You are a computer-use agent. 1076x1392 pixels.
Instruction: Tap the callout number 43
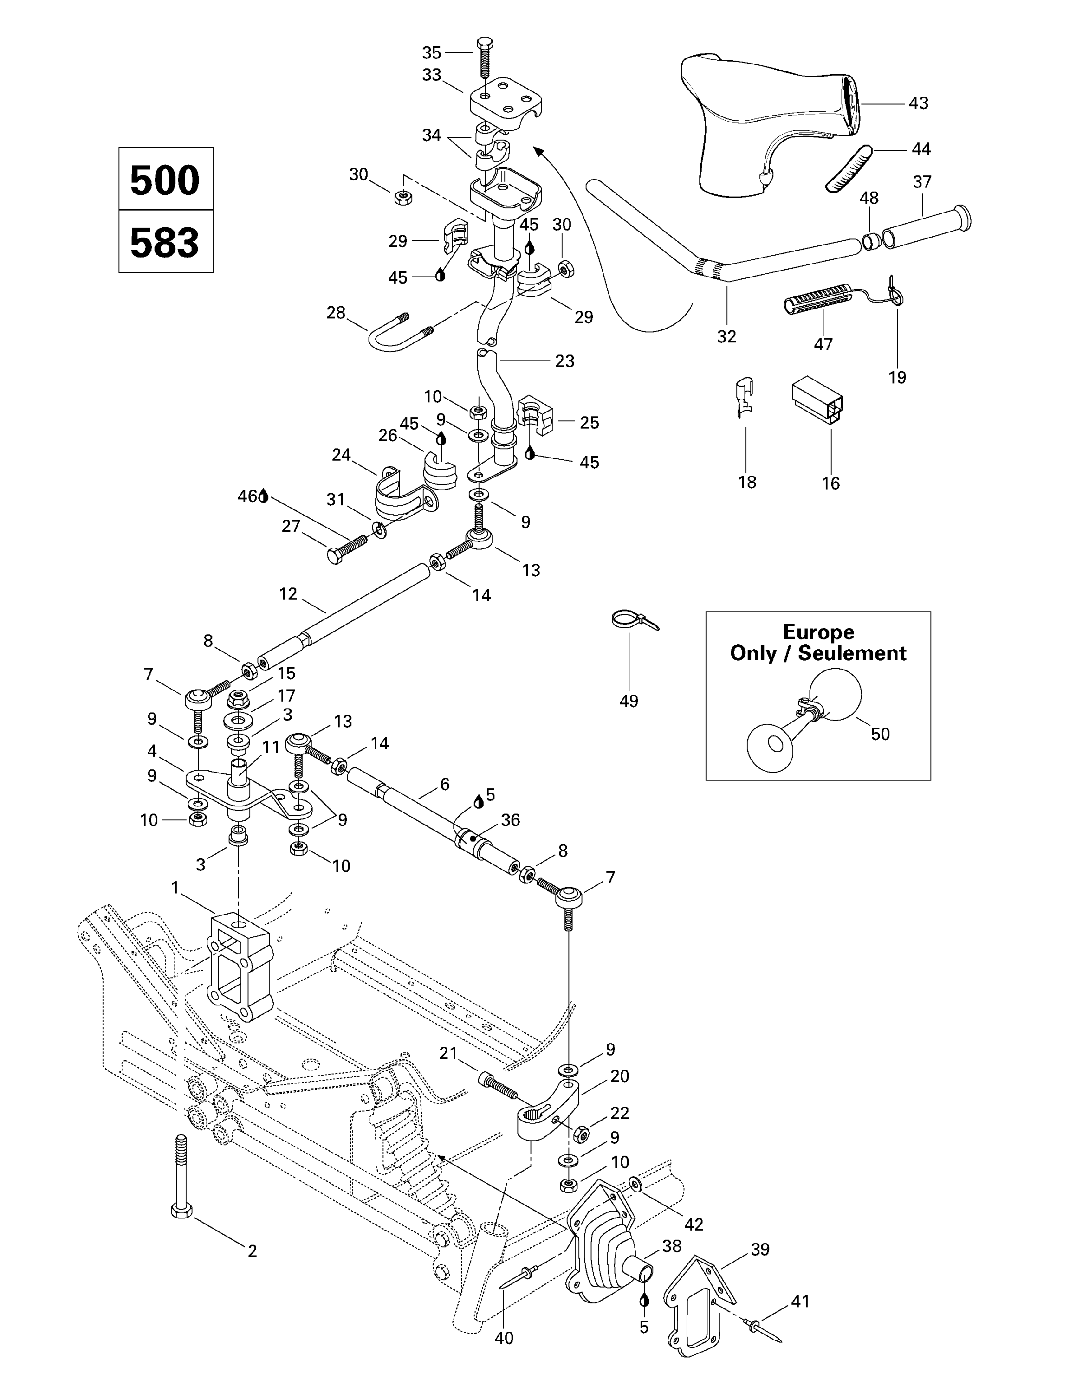[x=918, y=103]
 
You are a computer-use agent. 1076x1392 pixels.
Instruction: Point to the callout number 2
[x=253, y=1251]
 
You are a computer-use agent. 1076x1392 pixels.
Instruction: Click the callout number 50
[x=880, y=734]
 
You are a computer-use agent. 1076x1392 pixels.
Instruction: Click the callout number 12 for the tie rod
[x=288, y=594]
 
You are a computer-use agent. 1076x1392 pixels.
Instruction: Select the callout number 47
[x=823, y=344]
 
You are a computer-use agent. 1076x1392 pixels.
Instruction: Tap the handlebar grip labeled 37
[x=927, y=227]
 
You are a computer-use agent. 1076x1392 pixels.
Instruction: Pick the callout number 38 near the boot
[x=672, y=1246]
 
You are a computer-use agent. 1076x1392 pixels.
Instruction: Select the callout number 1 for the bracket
[x=176, y=887]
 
